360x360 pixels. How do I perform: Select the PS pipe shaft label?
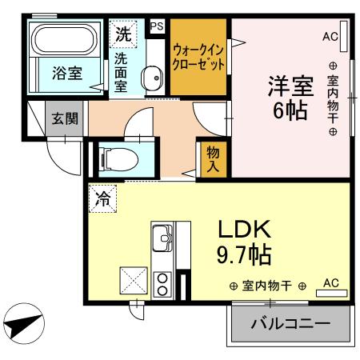(156, 25)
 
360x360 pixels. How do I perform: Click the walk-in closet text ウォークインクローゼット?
(198, 57)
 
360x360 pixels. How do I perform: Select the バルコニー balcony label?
(290, 325)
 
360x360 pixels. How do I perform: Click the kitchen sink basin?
(163, 238)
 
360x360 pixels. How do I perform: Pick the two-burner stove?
(163, 284)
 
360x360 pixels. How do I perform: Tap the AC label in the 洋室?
(330, 36)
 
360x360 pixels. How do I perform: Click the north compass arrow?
(21, 325)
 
